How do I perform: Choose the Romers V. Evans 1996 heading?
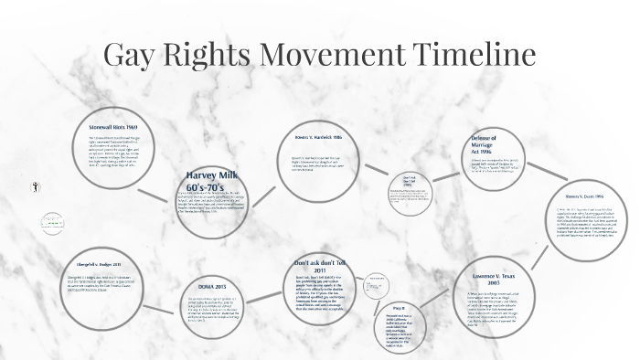coord(585,195)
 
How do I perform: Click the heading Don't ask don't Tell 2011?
coord(320,267)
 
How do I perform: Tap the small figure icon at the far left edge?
coord(34,185)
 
